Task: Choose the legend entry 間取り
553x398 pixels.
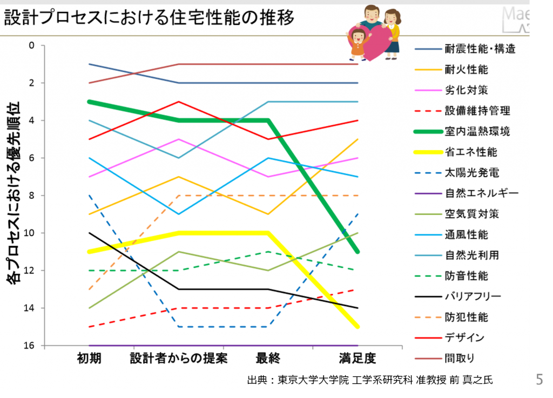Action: coord(460,357)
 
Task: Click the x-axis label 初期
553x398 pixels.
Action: coord(89,358)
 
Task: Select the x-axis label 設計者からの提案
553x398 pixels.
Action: coord(179,358)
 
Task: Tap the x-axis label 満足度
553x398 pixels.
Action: coord(358,358)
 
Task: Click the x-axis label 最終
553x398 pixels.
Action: coord(268,358)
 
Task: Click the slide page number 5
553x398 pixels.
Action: coord(539,379)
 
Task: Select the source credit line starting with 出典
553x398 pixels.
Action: coord(369,380)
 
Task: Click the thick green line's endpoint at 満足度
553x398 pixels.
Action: coord(358,252)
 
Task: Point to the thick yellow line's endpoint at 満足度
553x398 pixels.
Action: coord(358,326)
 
